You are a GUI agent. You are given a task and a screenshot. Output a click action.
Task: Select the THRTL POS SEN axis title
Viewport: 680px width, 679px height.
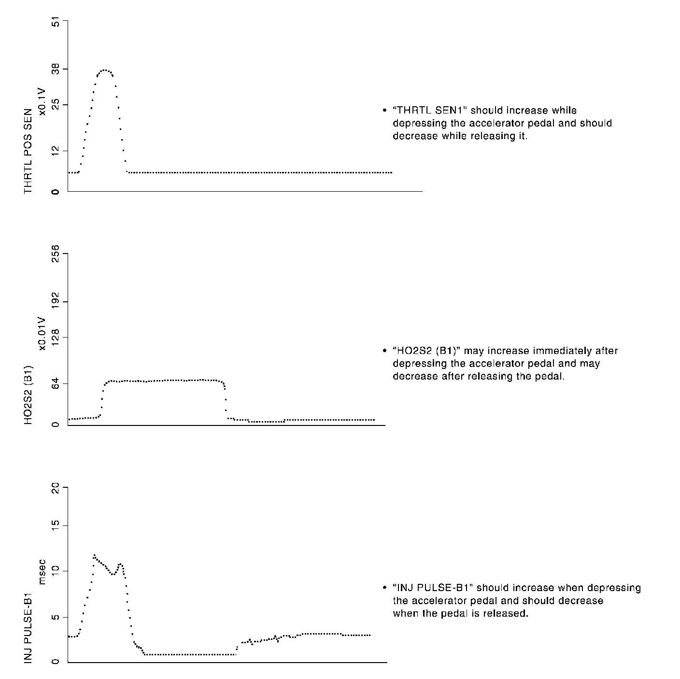click(28, 152)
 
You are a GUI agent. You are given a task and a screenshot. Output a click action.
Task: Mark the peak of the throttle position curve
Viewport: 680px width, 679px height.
click(104, 70)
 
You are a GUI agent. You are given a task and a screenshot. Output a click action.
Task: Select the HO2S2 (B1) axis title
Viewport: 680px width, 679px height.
click(28, 395)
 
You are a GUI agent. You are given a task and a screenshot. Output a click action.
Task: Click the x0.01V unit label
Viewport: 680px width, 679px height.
click(42, 334)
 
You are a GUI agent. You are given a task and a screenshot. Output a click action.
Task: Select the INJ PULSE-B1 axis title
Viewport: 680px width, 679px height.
click(28, 622)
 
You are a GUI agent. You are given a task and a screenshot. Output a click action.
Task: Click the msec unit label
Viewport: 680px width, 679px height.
click(42, 572)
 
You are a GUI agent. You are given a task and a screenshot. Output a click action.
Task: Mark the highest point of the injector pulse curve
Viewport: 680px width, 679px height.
click(94, 555)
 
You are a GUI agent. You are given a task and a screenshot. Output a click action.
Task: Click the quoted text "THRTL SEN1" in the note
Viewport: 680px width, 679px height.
click(430, 111)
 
